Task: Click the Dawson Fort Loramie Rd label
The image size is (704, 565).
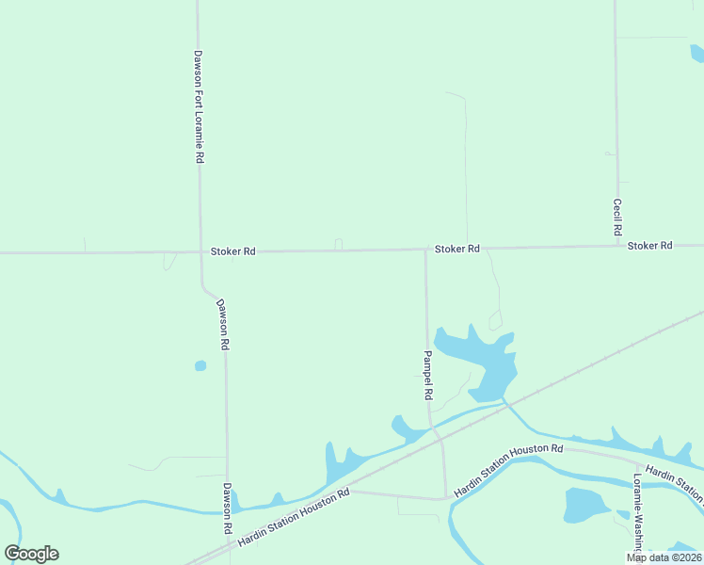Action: coord(199,107)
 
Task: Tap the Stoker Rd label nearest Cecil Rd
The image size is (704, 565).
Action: coord(649,245)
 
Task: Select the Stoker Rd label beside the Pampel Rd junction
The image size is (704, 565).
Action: coord(457,249)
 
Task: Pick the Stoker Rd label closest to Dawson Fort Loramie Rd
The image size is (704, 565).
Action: coord(232,251)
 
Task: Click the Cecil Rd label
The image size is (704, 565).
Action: coord(617,217)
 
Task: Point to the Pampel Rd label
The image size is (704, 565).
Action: coord(427,373)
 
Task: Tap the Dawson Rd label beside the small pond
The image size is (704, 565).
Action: coord(223,325)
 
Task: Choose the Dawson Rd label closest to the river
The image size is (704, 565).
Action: coord(227,509)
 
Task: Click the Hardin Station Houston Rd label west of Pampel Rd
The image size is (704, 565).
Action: coord(294,518)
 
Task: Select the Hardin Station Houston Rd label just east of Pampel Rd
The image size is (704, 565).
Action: coord(508,471)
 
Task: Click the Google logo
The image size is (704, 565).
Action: coord(31,554)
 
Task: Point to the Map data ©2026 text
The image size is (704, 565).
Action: coord(664,557)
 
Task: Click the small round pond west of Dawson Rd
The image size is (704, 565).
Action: coord(200,365)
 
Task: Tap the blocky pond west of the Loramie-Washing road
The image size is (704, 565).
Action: coord(585,506)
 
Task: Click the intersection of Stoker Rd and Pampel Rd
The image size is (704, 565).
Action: coord(425,250)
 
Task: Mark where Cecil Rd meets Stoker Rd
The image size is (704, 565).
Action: coord(618,246)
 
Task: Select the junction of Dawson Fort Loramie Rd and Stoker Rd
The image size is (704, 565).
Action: coord(200,252)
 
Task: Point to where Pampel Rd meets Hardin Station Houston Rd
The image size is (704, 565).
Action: coord(445,498)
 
